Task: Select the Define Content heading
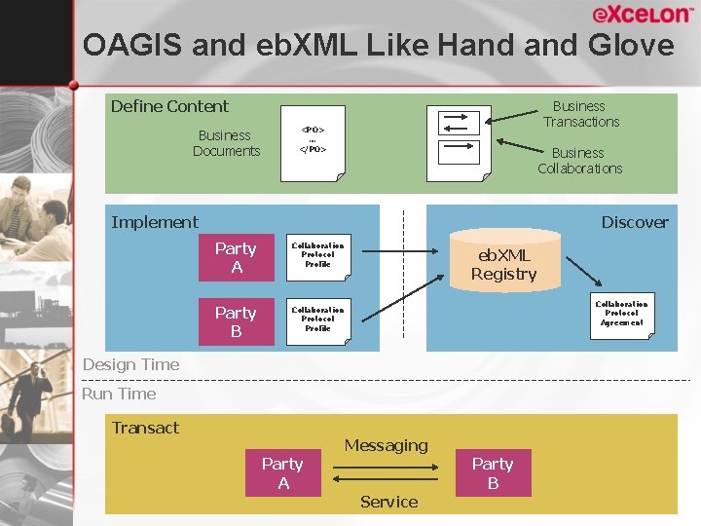point(169,106)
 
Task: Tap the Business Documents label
point(226,143)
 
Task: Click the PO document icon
point(313,142)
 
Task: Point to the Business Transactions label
point(580,114)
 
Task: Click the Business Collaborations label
point(579,161)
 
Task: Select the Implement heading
point(154,222)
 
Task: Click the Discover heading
point(634,222)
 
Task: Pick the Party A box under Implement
point(236,258)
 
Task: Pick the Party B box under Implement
point(236,322)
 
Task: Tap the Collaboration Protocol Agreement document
point(621,316)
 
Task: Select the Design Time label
point(130,364)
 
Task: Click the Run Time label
point(119,394)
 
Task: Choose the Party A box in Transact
point(283,473)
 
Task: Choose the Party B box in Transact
point(493,473)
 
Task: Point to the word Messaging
point(386,445)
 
